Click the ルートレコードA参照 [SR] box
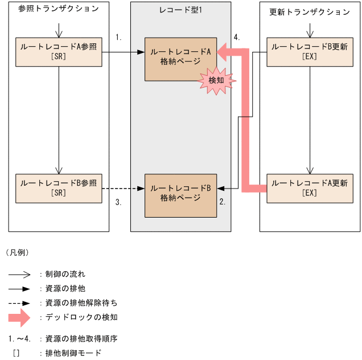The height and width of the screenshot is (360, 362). tap(59, 51)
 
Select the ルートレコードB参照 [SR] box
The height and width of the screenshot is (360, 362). tap(59, 188)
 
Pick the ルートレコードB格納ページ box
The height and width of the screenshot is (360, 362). tap(180, 194)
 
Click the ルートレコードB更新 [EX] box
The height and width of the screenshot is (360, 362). tap(310, 51)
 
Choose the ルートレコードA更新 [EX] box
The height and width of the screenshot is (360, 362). tap(310, 188)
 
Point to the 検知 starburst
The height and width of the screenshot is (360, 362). tap(216, 82)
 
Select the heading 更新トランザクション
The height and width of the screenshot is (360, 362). tap(310, 11)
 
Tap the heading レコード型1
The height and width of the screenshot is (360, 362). tap(180, 10)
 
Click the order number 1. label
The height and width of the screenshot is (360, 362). tap(118, 37)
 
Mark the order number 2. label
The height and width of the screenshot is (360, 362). tap(223, 201)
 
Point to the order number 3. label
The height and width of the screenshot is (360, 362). tap(118, 201)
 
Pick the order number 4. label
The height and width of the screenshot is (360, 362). tap(236, 37)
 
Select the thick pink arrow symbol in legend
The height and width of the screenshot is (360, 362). tap(19, 317)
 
